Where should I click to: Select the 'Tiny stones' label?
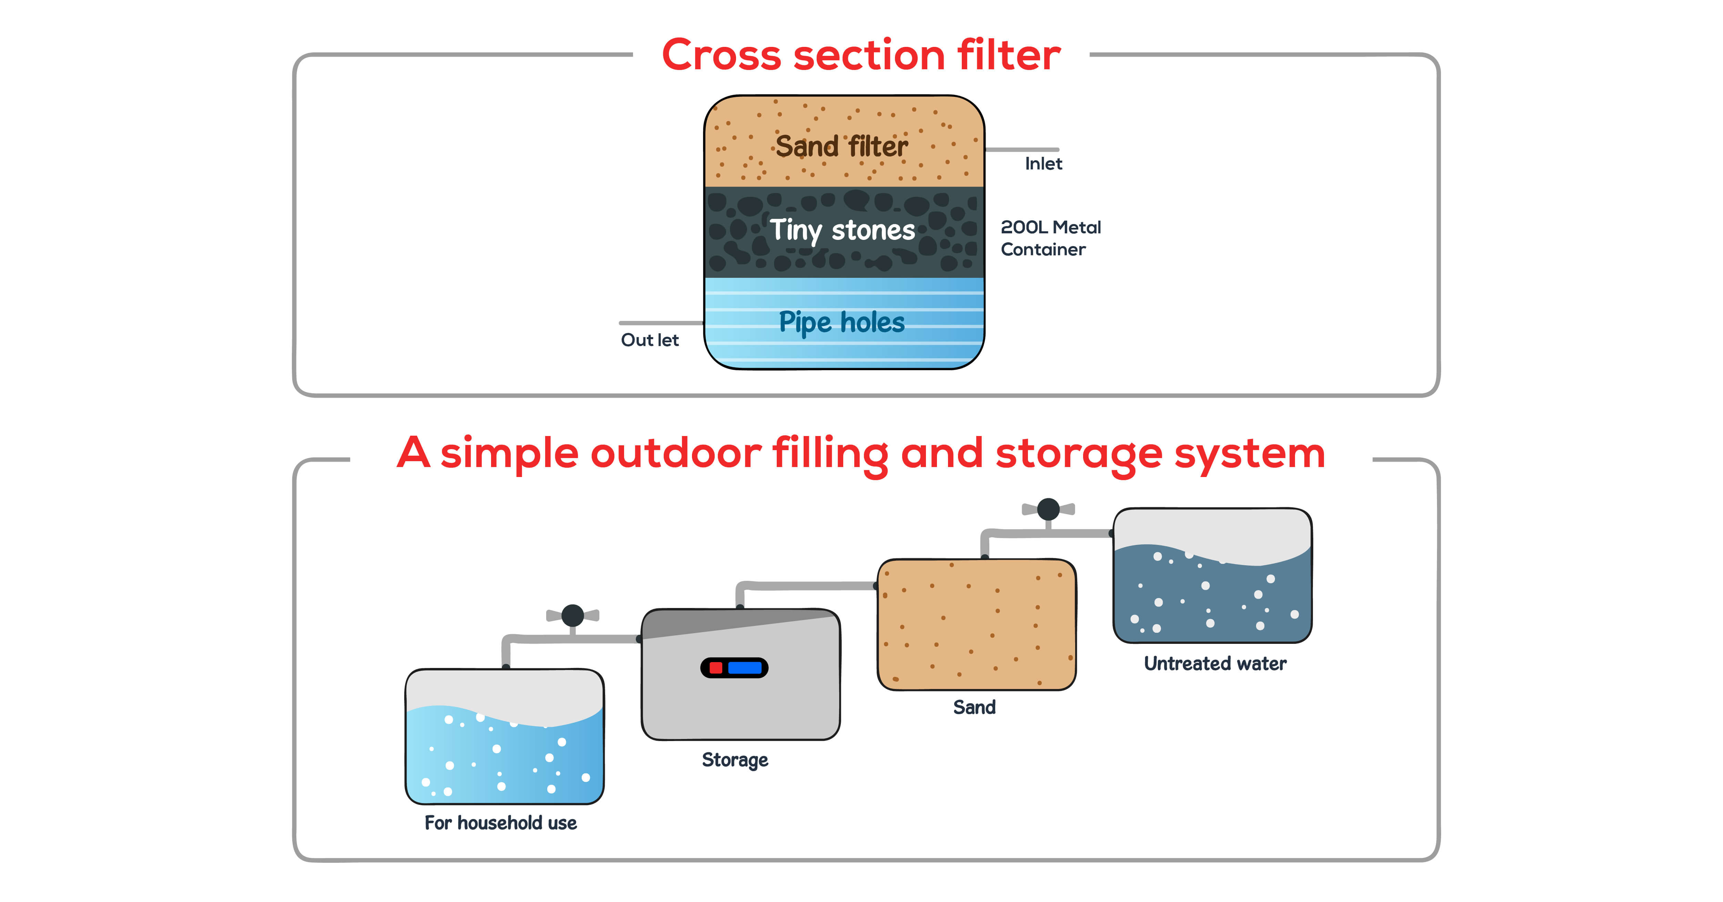click(x=842, y=230)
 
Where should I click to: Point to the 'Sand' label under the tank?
click(x=974, y=707)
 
